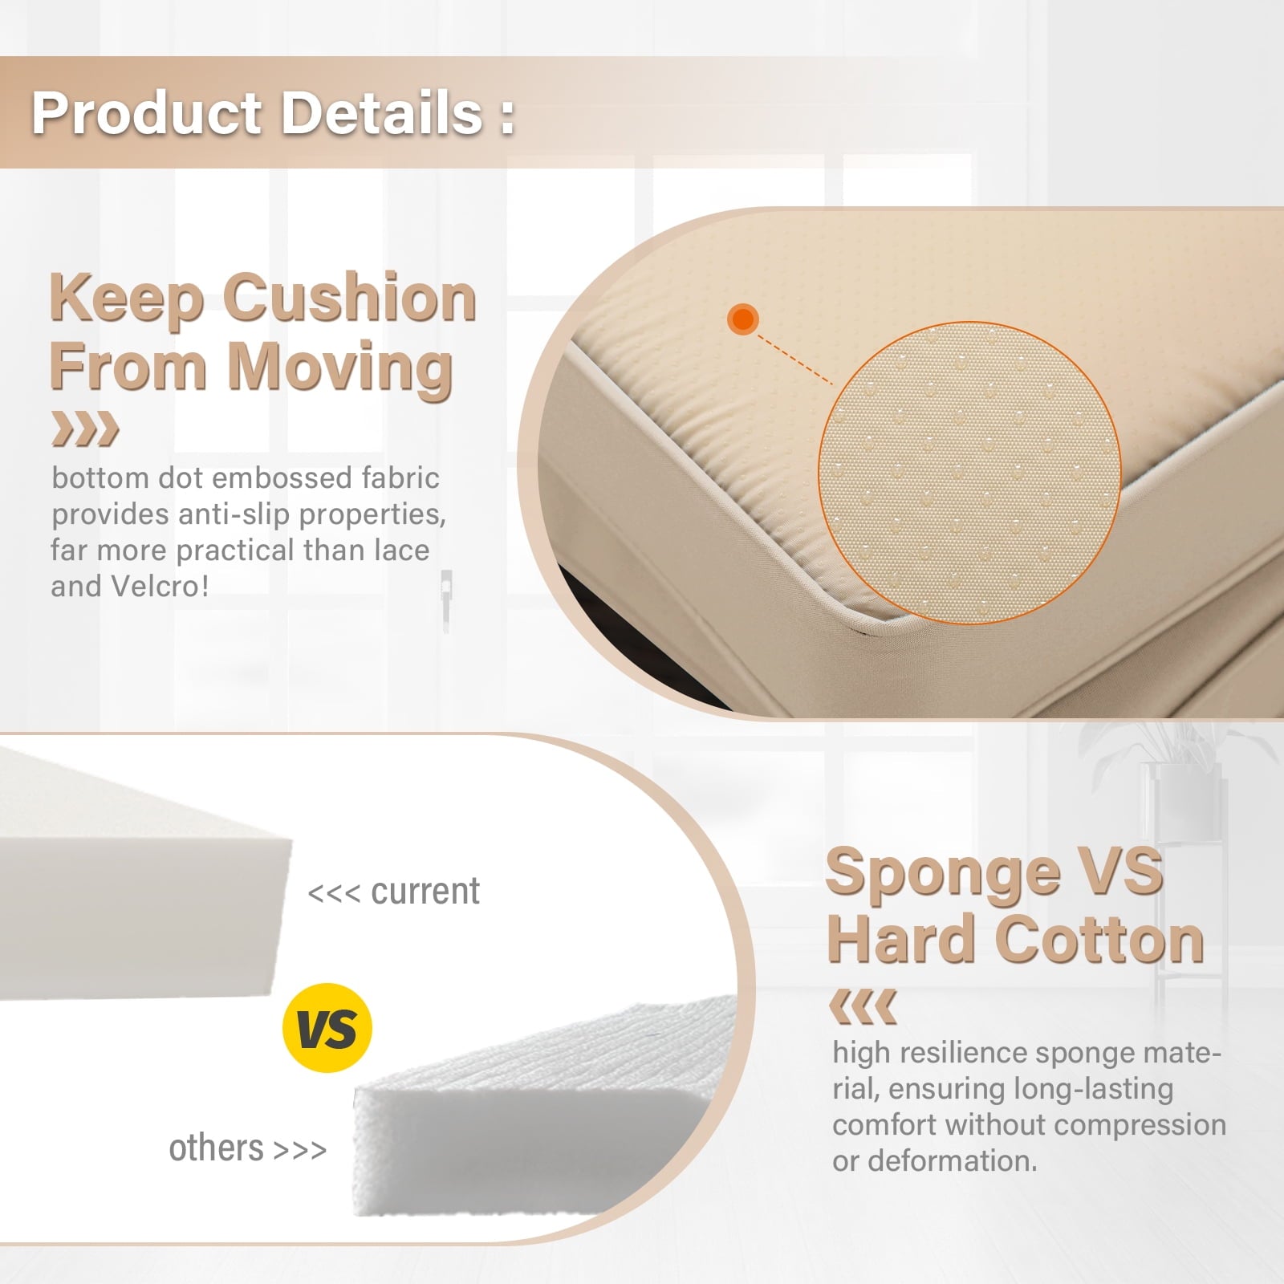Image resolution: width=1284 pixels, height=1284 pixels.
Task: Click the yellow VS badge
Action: [327, 1028]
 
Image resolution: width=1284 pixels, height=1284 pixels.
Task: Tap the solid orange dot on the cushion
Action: [743, 319]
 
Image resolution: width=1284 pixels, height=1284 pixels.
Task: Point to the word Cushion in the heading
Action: [350, 298]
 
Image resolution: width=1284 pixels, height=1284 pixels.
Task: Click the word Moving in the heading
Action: [340, 366]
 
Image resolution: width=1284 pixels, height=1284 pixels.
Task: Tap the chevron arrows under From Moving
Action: [85, 429]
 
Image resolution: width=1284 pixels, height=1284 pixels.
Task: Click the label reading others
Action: [216, 1148]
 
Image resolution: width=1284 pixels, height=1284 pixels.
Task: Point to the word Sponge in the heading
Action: [942, 874]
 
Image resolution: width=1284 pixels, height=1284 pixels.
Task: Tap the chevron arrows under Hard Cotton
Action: [862, 1007]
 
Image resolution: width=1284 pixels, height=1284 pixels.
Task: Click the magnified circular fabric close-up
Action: [969, 473]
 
